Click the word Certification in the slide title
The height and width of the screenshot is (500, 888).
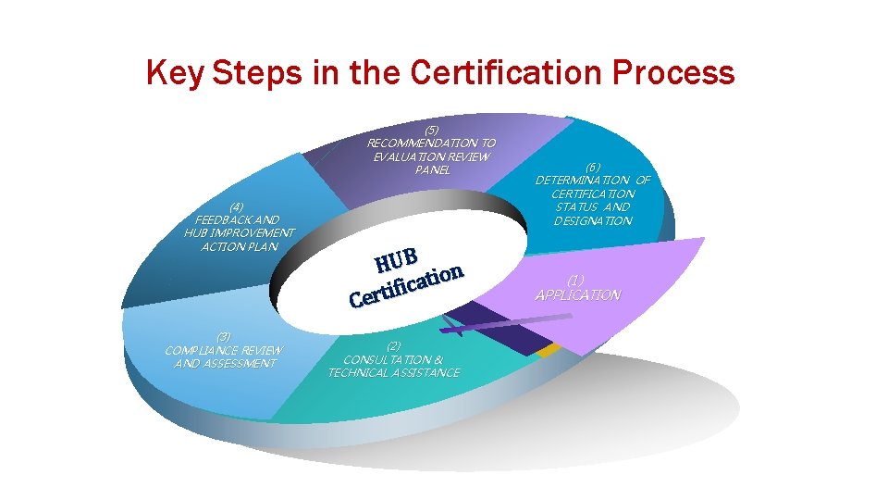[x=514, y=72]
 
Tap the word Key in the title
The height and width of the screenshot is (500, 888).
[x=175, y=72]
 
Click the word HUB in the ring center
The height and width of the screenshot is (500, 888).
[x=399, y=258]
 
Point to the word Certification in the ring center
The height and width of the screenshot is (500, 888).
[x=405, y=284]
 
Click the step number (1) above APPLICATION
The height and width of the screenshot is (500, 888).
[x=576, y=280]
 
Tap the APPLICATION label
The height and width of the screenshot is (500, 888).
[x=577, y=294]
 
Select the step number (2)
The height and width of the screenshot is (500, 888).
[x=394, y=345]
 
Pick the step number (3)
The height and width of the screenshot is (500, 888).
[x=224, y=336]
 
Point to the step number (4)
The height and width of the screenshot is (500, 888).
[x=239, y=206]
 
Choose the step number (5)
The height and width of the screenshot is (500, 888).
[x=431, y=130]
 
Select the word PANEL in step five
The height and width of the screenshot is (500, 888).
[x=432, y=170]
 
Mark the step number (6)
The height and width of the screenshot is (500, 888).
[x=593, y=167]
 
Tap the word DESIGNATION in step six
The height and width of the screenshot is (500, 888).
[x=593, y=220]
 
